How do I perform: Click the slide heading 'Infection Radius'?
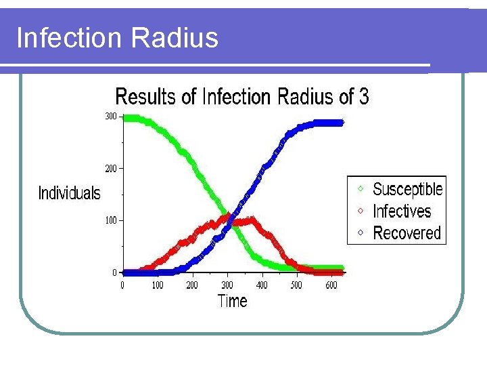[117, 37]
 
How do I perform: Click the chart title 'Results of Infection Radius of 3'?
[242, 97]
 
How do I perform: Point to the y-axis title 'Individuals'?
[69, 193]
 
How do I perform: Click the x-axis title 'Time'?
[232, 301]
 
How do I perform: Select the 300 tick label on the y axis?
[110, 117]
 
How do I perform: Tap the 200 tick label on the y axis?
[110, 168]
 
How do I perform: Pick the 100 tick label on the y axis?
[110, 220]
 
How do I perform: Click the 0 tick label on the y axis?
[114, 272]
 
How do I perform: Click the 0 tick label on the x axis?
[122, 285]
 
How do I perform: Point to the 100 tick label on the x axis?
[158, 285]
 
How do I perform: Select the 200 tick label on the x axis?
[192, 285]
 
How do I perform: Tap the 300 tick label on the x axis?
[227, 285]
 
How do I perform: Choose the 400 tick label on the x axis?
[262, 285]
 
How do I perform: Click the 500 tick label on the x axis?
[296, 285]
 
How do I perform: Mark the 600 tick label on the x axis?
[331, 285]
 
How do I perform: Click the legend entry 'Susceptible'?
[407, 189]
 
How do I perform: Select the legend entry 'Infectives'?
[402, 211]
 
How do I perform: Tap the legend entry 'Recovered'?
[407, 233]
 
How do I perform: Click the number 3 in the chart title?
[364, 97]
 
